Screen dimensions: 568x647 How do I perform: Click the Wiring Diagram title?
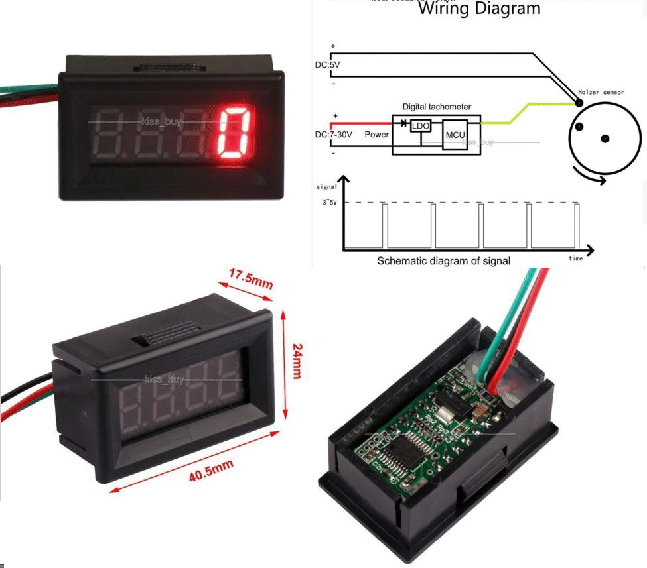click(x=479, y=9)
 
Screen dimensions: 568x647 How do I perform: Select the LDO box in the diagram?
click(x=420, y=125)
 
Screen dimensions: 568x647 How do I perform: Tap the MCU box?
click(x=455, y=135)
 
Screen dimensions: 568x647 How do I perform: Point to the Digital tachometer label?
click(x=437, y=106)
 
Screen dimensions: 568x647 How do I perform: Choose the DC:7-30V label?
click(x=334, y=134)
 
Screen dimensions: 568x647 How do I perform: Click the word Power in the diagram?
click(x=377, y=134)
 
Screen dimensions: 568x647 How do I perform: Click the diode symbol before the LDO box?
click(x=403, y=123)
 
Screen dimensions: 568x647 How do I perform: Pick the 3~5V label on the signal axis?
click(x=330, y=202)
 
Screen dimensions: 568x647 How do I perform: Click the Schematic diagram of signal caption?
click(x=443, y=261)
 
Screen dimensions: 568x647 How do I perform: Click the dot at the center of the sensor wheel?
click(x=605, y=139)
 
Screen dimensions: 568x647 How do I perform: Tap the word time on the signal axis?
click(x=575, y=258)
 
